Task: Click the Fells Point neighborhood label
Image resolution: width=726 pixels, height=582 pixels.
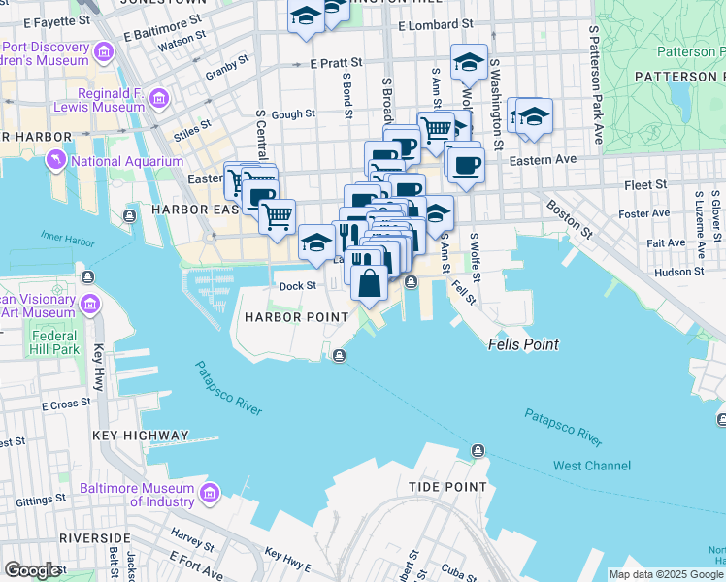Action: (x=521, y=344)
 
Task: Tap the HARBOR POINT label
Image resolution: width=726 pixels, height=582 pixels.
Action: (x=296, y=317)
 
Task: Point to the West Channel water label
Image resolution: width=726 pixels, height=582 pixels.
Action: (x=591, y=466)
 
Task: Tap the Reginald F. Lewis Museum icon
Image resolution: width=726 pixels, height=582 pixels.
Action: (x=160, y=97)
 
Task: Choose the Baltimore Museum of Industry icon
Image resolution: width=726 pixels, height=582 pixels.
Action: (x=208, y=495)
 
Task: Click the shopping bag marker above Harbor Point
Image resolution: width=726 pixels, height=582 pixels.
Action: (x=369, y=284)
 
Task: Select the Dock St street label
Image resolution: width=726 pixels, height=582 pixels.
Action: (x=298, y=286)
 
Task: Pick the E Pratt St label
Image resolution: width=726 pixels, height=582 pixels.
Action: (x=336, y=62)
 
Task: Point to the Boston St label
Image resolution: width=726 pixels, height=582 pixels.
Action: (x=569, y=219)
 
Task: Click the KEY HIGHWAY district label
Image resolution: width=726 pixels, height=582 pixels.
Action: (x=141, y=436)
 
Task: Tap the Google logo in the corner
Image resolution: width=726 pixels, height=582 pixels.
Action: (x=32, y=570)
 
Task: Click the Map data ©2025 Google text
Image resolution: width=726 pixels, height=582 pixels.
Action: (x=666, y=574)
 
